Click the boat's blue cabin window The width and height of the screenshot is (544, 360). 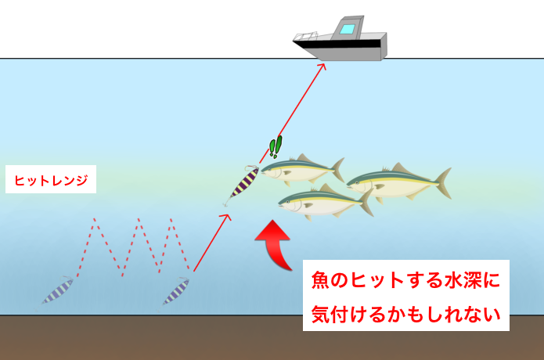348,31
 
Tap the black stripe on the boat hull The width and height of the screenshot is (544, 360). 344,43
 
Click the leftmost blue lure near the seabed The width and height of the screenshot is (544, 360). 59,290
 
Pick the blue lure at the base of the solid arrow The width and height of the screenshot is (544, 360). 176,292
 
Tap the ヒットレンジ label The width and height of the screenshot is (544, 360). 51,181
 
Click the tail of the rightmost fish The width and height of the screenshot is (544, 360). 443,182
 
